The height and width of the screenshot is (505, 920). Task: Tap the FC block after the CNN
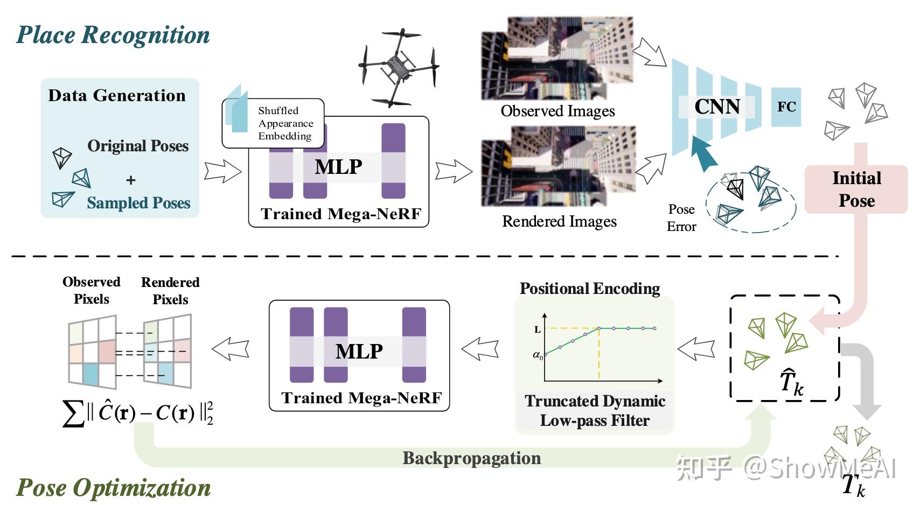click(786, 107)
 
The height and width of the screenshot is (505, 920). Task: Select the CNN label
click(717, 107)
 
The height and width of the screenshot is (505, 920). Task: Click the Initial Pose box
click(856, 190)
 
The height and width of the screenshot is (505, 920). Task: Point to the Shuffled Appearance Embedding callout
click(273, 123)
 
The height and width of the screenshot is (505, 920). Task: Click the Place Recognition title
click(113, 34)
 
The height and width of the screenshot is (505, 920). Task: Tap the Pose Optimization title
click(113, 488)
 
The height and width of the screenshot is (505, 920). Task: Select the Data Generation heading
click(117, 95)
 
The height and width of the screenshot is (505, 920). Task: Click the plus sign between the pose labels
click(130, 180)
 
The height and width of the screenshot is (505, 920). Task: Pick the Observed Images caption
click(557, 111)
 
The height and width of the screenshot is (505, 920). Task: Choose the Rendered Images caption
click(560, 221)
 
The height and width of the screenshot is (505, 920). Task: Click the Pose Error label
click(681, 218)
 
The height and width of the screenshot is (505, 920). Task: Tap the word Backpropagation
click(471, 458)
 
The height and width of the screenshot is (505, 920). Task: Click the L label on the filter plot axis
click(537, 329)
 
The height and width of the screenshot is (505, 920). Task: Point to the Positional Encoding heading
click(590, 288)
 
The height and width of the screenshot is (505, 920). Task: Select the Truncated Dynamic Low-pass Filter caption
click(595, 411)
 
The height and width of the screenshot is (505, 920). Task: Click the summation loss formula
click(138, 413)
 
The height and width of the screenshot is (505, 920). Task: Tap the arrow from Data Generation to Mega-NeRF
click(223, 171)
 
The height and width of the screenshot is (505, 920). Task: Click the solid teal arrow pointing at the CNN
click(703, 153)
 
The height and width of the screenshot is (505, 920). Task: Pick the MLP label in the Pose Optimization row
click(359, 352)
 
